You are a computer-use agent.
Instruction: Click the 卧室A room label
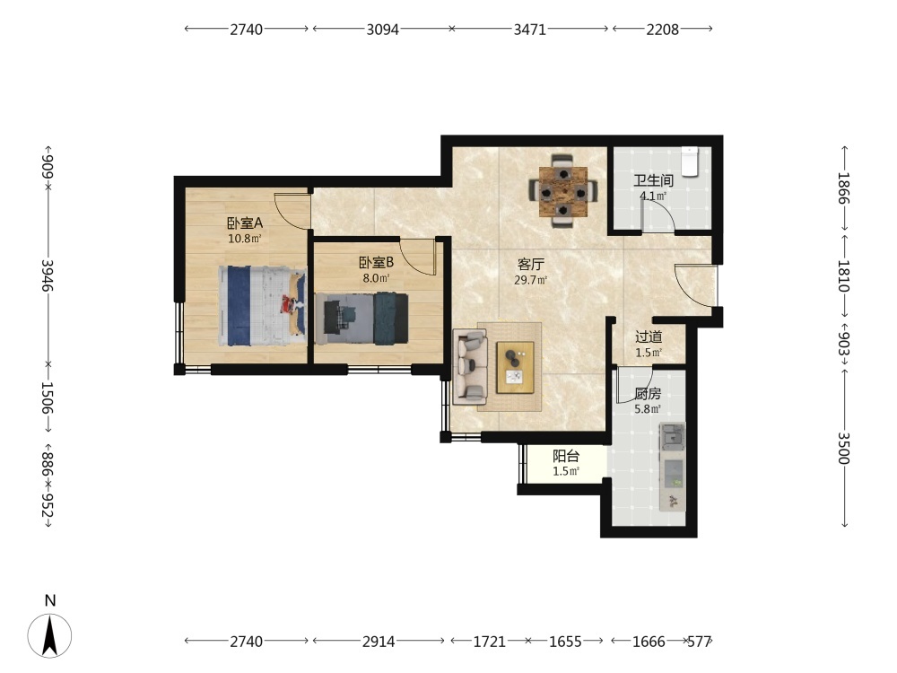(x=244, y=223)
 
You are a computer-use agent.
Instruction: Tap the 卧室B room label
(x=376, y=263)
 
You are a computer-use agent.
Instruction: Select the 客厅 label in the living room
(x=530, y=265)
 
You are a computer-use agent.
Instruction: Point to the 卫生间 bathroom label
(x=653, y=181)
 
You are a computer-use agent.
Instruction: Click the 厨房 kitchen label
(x=648, y=394)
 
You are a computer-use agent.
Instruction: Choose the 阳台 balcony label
(x=566, y=456)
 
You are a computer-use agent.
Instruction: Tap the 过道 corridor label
(x=649, y=337)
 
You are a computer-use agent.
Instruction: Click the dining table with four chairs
(x=563, y=191)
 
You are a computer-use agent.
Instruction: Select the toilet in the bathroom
(x=691, y=162)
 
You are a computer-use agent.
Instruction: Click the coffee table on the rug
(x=515, y=367)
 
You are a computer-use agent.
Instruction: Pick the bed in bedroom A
(x=261, y=306)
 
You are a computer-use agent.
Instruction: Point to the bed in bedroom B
(x=361, y=319)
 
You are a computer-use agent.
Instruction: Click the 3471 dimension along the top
(x=530, y=30)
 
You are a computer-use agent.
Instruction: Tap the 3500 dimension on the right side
(x=844, y=448)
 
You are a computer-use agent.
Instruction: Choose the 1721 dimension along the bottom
(x=489, y=642)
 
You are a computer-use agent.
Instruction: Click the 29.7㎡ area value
(x=530, y=280)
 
